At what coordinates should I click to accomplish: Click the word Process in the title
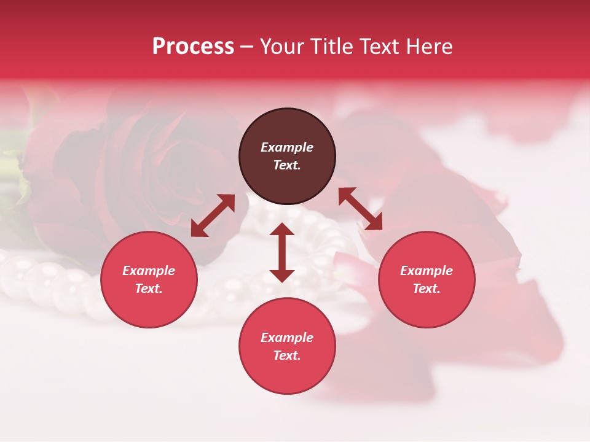[x=193, y=47]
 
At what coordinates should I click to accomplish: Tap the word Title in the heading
[x=334, y=47]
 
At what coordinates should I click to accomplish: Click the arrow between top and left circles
[x=213, y=215]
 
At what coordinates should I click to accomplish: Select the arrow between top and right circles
[x=360, y=209]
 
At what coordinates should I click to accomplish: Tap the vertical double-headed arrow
[x=282, y=252]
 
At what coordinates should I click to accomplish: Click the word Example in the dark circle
[x=287, y=147]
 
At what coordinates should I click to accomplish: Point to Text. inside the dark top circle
[x=287, y=165]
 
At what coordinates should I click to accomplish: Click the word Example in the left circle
[x=149, y=271]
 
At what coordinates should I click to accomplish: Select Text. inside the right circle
[x=427, y=289]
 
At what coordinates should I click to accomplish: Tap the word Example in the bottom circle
[x=287, y=338]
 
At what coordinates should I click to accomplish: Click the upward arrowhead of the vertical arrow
[x=282, y=230]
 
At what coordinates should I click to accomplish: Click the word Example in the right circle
[x=427, y=271]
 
